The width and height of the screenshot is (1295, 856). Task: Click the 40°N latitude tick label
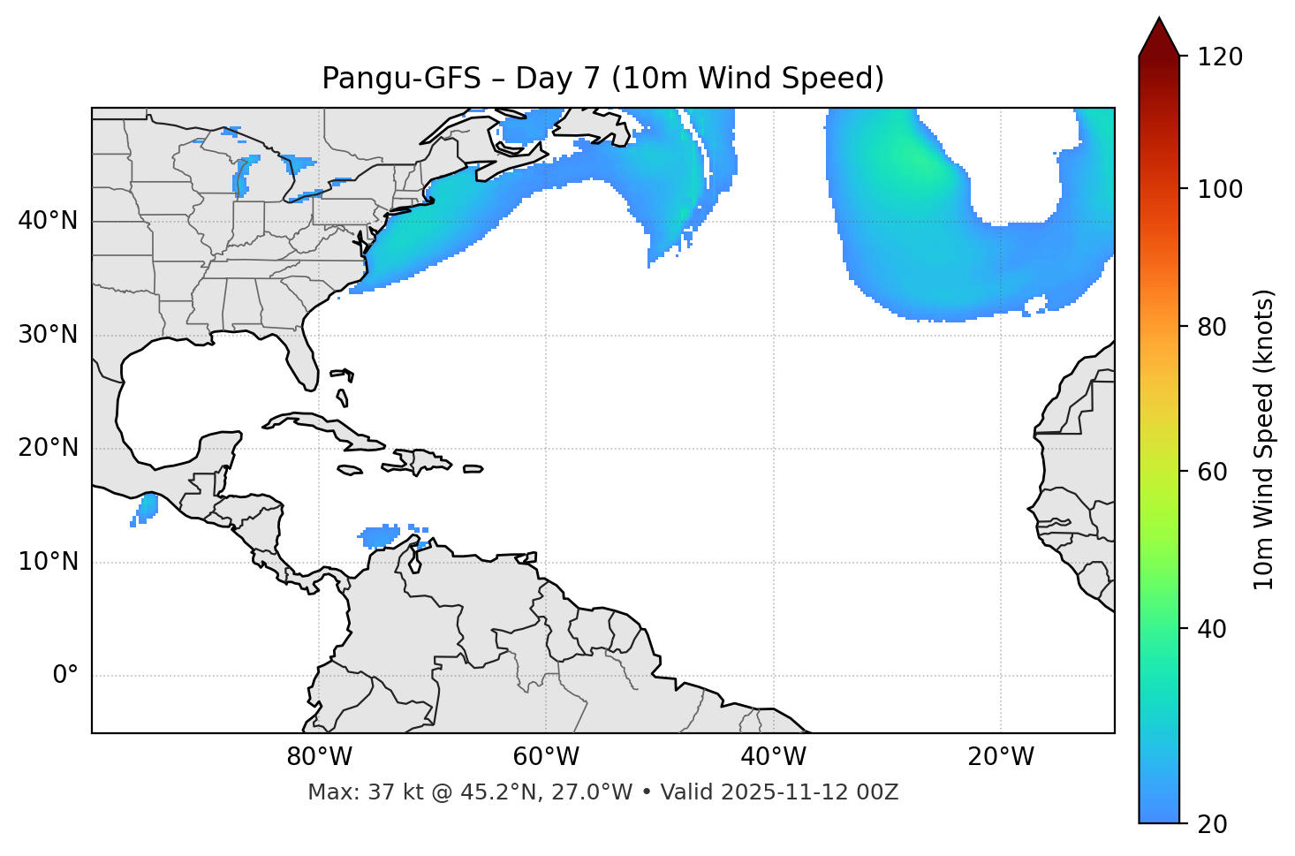click(x=48, y=221)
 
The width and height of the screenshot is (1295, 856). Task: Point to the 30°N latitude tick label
click(x=48, y=335)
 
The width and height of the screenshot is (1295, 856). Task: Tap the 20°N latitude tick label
click(x=48, y=448)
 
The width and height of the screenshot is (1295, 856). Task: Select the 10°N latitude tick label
click(x=48, y=562)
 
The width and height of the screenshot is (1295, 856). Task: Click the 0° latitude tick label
click(x=64, y=676)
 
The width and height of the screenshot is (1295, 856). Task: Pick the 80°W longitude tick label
click(x=319, y=757)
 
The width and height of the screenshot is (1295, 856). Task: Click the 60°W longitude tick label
click(x=546, y=757)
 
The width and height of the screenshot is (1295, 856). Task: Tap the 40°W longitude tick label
click(x=773, y=757)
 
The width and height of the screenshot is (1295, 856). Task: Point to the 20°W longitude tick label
click(x=1001, y=757)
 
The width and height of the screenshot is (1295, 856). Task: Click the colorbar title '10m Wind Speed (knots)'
click(x=1264, y=439)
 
